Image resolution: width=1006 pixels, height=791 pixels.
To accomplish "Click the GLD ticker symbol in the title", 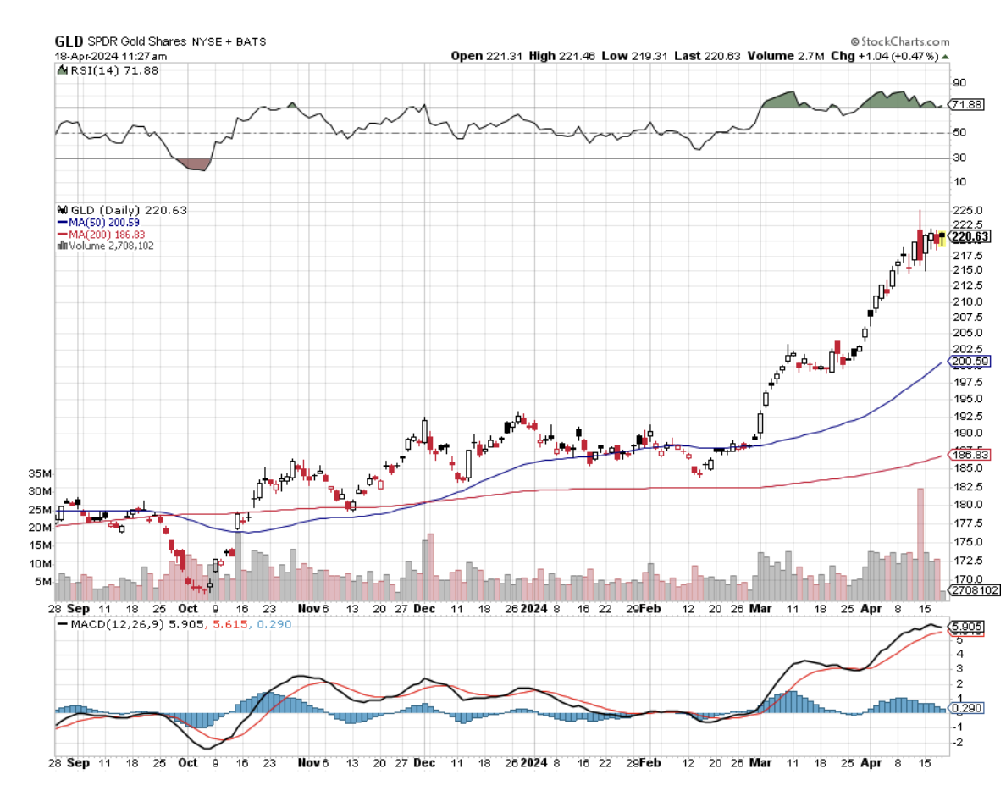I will pyautogui.click(x=69, y=41).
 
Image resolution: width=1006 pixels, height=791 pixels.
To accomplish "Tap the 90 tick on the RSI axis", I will pyautogui.click(x=959, y=83).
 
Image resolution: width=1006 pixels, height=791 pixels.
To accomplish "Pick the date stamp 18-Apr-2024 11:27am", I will pyautogui.click(x=111, y=56).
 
